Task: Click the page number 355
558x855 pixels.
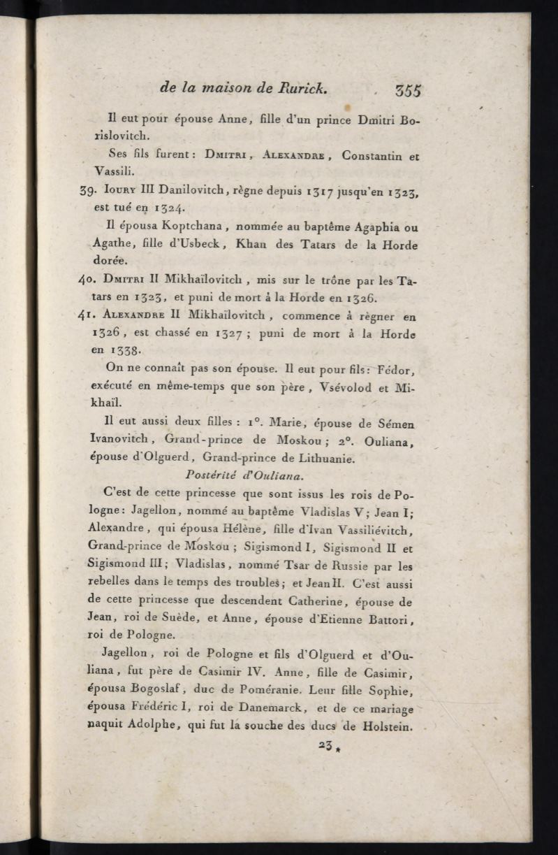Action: tap(408, 90)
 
